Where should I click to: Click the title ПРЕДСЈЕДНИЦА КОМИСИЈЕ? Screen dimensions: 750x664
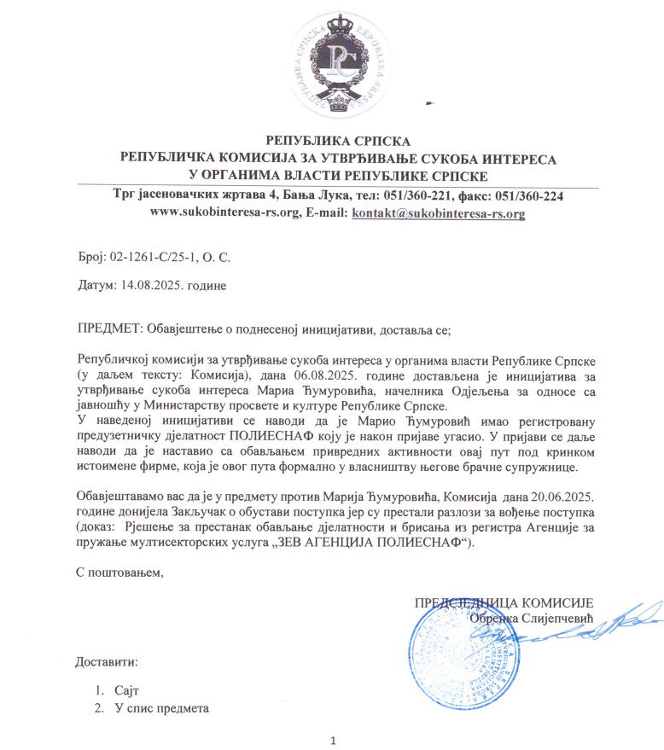(x=504, y=603)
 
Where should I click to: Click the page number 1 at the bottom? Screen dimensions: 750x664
(x=332, y=739)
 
